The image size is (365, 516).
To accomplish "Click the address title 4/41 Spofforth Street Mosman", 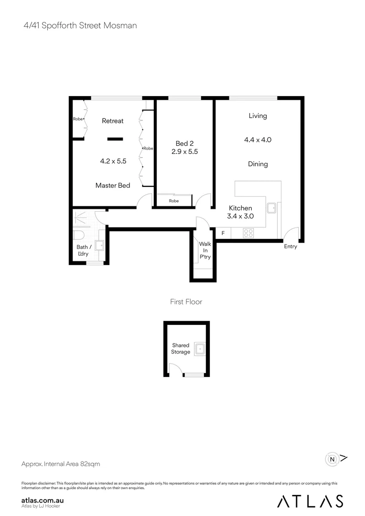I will coord(80,25).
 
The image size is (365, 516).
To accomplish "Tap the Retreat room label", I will coord(113,121).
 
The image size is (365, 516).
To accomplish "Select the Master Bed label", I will coord(113,185).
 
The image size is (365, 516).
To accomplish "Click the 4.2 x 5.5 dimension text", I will coord(113,161).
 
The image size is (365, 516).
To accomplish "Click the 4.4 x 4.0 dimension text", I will coord(258,140).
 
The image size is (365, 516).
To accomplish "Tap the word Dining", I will coord(258,164).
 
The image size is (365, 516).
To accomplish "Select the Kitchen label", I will coord(240,208).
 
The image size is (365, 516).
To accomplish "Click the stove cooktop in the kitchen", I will coord(248,233).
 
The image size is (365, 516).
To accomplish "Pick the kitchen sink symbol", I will coord(271,208).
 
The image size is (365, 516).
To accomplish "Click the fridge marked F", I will coord(223,233).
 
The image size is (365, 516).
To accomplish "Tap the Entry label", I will coord(290,247).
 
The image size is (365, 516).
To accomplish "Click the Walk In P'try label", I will coord(205,250).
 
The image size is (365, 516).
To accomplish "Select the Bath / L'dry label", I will coord(82,250).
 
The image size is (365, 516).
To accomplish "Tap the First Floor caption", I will coord(186,301).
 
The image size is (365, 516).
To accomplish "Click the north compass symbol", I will coord(332,459).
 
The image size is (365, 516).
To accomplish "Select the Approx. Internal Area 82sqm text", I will coord(61,464).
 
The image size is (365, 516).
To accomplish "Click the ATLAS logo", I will coord(310,501).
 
